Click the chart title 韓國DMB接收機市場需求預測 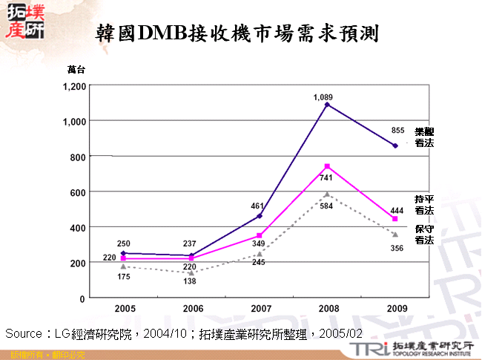pyautogui.click(x=237, y=33)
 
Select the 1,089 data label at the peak pyautogui.click(x=323, y=97)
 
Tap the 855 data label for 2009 pyautogui.click(x=397, y=131)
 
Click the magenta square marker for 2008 pyautogui.click(x=327, y=166)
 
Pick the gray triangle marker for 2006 pyautogui.click(x=191, y=273)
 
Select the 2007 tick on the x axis pyautogui.click(x=260, y=307)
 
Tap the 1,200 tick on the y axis pyautogui.click(x=74, y=86)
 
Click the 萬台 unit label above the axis pyautogui.click(x=76, y=70)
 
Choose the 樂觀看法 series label pyautogui.click(x=424, y=137)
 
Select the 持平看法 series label pyautogui.click(x=424, y=206)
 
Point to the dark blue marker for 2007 pyautogui.click(x=260, y=216)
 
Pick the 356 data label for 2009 pyautogui.click(x=397, y=248)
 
